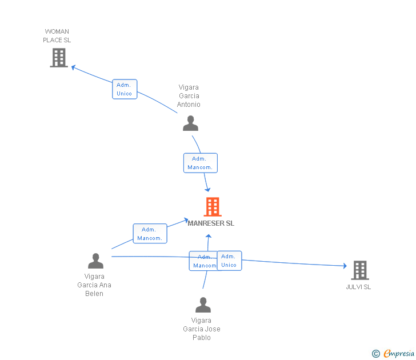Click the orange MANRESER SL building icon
coord(213,207)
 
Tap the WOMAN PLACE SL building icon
coord(59,58)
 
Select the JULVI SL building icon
coord(360,270)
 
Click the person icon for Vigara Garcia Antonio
coord(190,123)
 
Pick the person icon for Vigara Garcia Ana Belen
coord(95,261)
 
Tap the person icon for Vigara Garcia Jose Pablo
coord(203,305)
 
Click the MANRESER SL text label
coord(211,223)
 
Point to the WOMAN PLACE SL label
coord(57,36)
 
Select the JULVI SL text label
coord(358,287)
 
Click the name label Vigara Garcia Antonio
coord(189,96)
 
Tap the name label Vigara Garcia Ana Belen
coord(94,285)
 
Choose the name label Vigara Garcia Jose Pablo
coord(202,329)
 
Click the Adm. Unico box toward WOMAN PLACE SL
coord(125,89)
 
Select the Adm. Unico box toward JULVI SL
coord(229,261)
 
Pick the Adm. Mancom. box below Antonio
coord(201,163)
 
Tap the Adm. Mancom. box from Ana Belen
coord(150,234)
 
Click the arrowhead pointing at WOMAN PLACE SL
coord(74,67)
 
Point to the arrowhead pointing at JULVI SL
coord(345,266)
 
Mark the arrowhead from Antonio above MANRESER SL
coord(208,189)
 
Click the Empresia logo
coord(393,354)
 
